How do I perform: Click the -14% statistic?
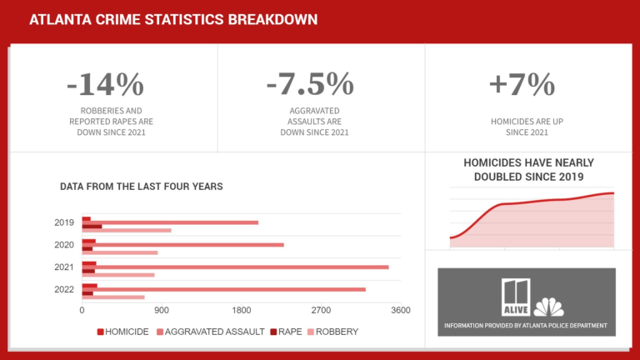click(106, 85)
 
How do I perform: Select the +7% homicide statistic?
click(522, 85)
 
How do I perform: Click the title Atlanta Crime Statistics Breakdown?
click(172, 19)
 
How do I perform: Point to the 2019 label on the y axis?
click(64, 222)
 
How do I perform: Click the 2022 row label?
click(64, 289)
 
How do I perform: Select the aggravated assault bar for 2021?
click(242, 267)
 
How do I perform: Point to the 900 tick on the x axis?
click(162, 311)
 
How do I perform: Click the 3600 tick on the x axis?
click(401, 311)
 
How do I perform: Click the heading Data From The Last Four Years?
click(141, 187)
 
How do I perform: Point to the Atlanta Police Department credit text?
click(526, 325)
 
